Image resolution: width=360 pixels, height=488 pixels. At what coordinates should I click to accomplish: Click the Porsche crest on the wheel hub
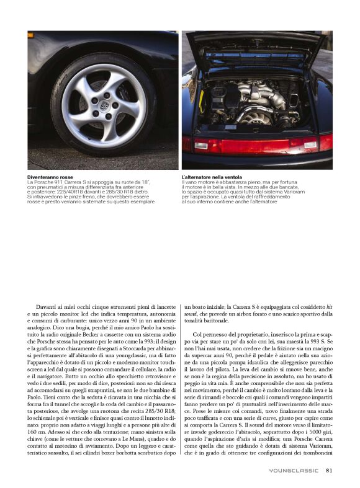(x=106, y=107)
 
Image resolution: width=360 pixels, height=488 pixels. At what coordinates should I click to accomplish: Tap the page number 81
(x=330, y=470)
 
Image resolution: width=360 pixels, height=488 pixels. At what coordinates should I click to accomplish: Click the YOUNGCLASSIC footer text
(x=294, y=471)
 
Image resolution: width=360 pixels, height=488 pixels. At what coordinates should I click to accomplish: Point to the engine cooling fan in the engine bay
(x=258, y=117)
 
